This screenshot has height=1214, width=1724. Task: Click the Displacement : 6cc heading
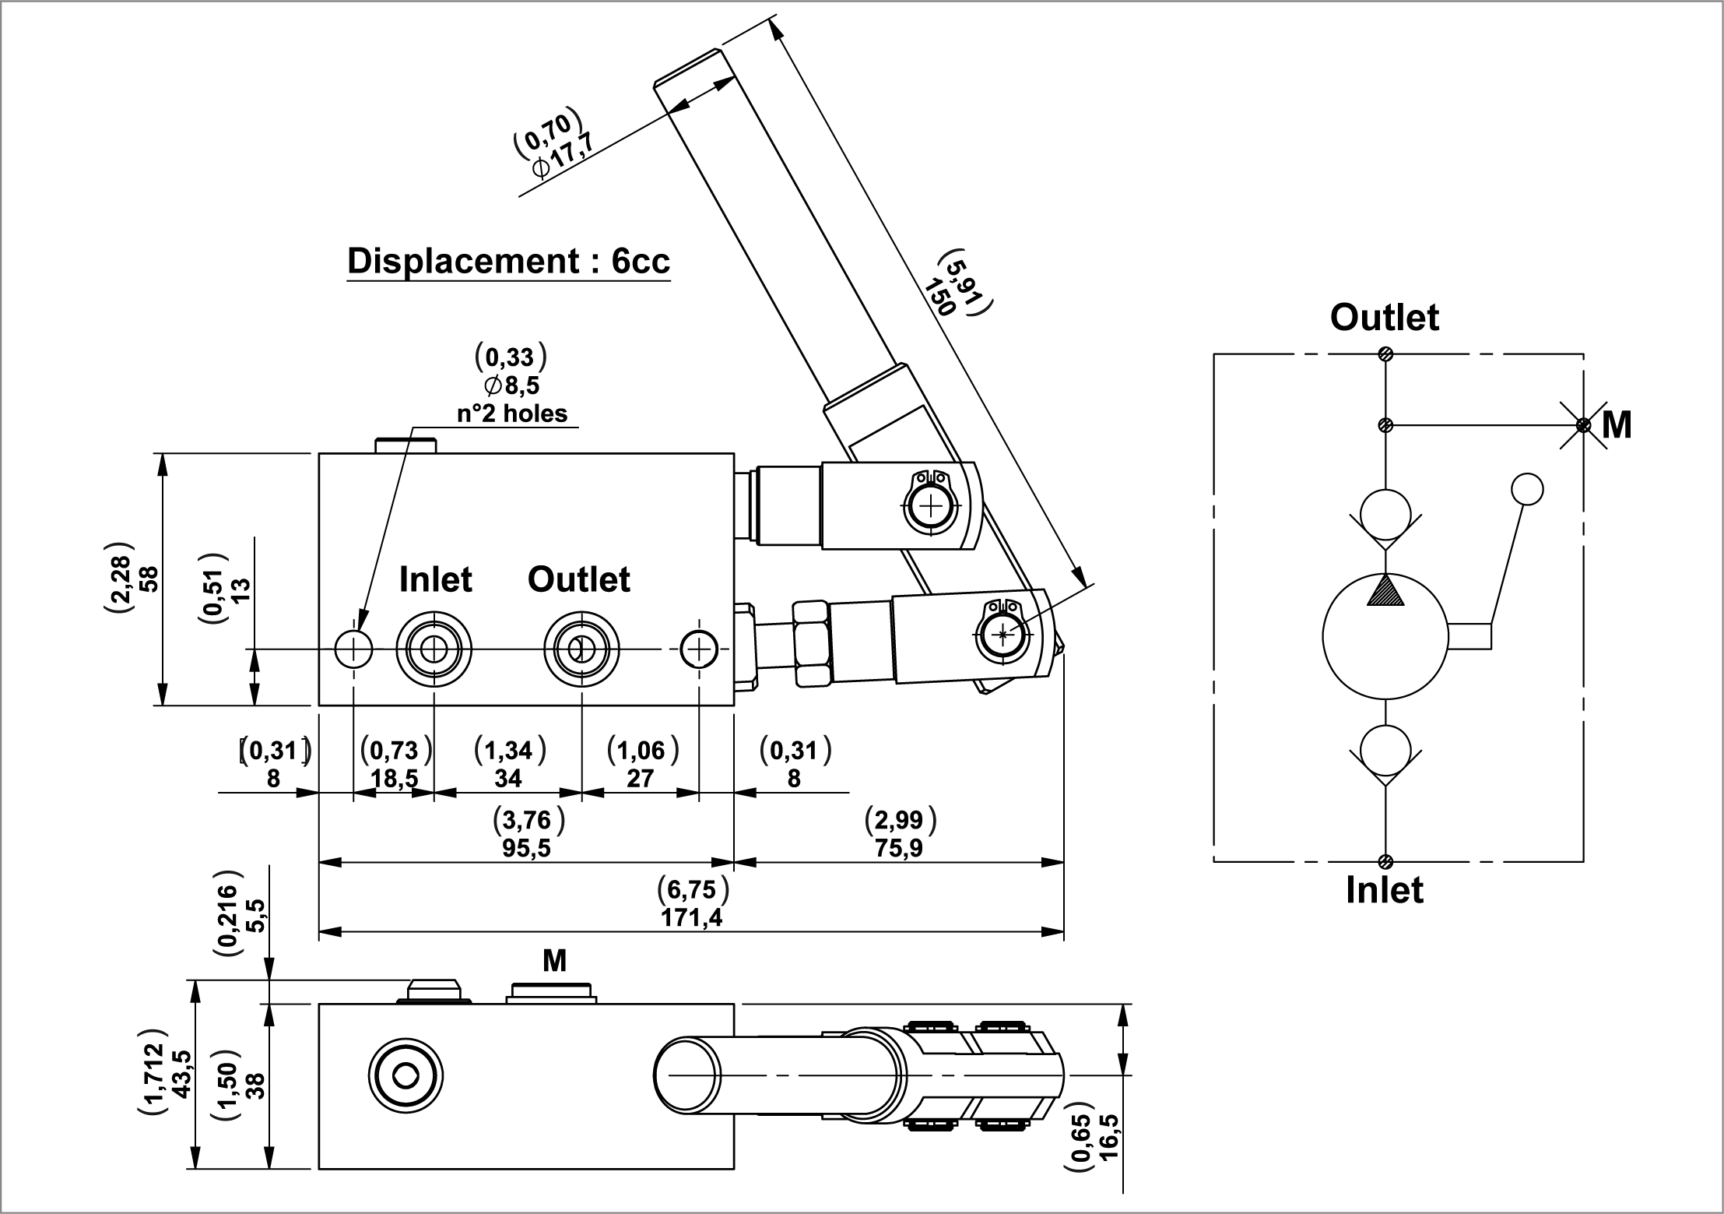pos(508,262)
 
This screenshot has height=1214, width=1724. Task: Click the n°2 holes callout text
pos(511,413)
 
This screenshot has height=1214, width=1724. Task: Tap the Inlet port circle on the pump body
pos(434,648)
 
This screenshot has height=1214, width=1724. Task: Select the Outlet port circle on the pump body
pos(581,648)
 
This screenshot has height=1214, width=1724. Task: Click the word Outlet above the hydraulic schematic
pos(1384,318)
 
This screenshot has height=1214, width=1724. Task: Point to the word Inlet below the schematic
pos(1384,890)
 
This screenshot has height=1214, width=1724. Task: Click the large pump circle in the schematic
pos(1385,636)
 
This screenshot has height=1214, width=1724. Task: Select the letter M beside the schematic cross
pos(1617,426)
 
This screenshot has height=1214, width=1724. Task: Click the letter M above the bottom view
pos(554,962)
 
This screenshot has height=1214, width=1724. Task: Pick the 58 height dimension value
pos(147,579)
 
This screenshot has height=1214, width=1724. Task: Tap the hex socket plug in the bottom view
pos(406,1078)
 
